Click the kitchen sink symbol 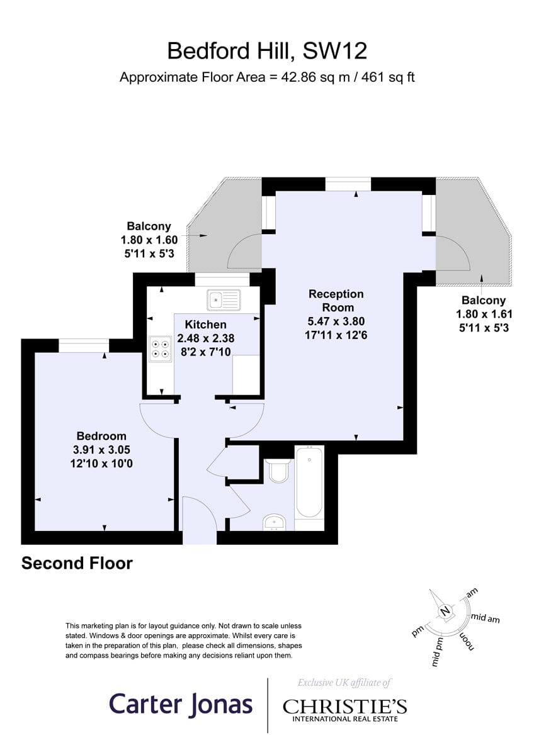click(224, 299)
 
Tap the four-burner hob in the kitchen click(161, 349)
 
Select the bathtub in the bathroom click(309, 482)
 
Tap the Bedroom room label click(101, 436)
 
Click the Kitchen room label click(205, 325)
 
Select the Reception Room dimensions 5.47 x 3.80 click(336, 322)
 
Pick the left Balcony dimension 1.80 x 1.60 click(149, 240)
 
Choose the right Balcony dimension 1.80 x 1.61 click(484, 314)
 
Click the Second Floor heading click(77, 563)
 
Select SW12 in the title click(334, 51)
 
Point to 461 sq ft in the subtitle click(388, 77)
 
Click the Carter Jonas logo click(181, 705)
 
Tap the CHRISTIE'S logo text click(344, 706)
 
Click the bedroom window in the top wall click(84, 346)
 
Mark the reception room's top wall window click(348, 184)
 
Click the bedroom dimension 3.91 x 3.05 click(101, 450)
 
